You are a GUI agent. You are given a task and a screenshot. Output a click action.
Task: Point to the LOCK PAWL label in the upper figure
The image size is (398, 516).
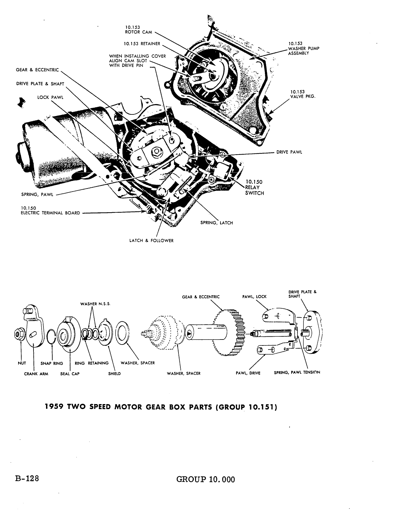tap(50, 97)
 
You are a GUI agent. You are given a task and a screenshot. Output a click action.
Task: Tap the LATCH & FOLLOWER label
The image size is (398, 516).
tap(151, 240)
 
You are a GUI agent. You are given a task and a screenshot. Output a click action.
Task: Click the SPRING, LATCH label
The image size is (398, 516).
tap(217, 223)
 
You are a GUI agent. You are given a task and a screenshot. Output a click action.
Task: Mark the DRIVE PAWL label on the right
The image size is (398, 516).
tap(289, 152)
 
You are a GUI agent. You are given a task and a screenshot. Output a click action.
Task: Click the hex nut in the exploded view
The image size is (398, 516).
tap(19, 334)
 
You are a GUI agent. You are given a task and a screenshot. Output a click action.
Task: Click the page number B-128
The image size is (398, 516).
tap(27, 479)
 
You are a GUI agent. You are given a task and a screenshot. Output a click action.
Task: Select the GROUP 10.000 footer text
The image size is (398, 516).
tap(206, 479)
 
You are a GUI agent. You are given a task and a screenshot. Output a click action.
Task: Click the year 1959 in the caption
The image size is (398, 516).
tap(54, 407)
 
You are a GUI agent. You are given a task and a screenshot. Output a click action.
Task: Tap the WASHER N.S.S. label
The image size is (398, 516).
tap(95, 304)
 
